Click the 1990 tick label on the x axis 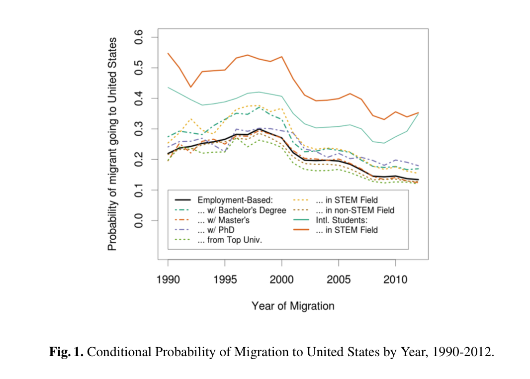pyautogui.click(x=168, y=280)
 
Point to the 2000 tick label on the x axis pyautogui.click(x=282, y=280)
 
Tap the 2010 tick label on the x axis pyautogui.click(x=395, y=280)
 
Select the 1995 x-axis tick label pyautogui.click(x=225, y=280)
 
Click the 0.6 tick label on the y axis pyautogui.click(x=140, y=37)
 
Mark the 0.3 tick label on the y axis pyautogui.click(x=140, y=129)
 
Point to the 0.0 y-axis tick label pyautogui.click(x=140, y=221)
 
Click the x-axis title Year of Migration pyautogui.click(x=293, y=305)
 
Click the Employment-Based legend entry pyautogui.click(x=235, y=200)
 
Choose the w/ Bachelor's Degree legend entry pyautogui.click(x=242, y=210)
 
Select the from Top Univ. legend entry pyautogui.click(x=230, y=240)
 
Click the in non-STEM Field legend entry pyautogui.click(x=355, y=210)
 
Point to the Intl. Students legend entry pyautogui.click(x=341, y=220)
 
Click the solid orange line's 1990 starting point pyautogui.click(x=168, y=53)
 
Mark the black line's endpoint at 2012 pyautogui.click(x=418, y=180)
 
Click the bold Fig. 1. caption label pyautogui.click(x=67, y=353)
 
